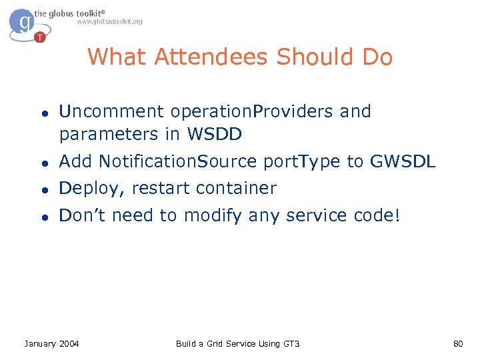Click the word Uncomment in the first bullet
(112, 111)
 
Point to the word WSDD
(215, 134)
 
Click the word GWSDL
(403, 161)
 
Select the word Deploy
(91, 189)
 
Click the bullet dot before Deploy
(43, 189)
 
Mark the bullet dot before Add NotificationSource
(43, 162)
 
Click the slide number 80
(457, 343)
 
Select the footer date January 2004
(51, 343)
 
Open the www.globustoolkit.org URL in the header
(109, 21)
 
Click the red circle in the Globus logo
(40, 37)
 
